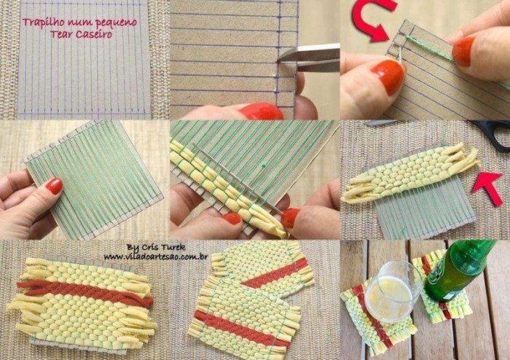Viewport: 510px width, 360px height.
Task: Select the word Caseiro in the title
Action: coord(94,34)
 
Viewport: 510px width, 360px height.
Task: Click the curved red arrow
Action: coord(373,19)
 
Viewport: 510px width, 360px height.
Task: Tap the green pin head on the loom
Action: coord(263,166)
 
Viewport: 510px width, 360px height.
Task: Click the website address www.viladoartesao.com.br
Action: coord(156,257)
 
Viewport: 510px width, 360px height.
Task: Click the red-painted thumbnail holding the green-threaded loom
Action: coord(55,187)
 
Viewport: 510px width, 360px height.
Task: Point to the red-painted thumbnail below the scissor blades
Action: coord(261,111)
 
